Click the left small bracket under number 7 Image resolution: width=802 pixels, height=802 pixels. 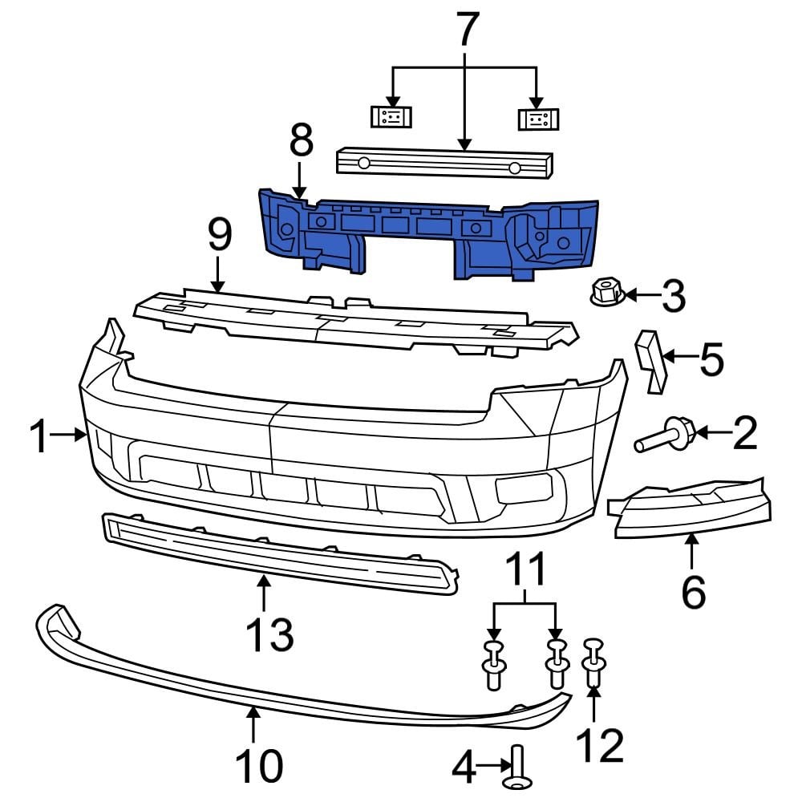coord(391,117)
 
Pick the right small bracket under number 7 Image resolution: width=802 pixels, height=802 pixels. coord(537,119)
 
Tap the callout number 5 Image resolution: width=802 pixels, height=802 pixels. coord(711,360)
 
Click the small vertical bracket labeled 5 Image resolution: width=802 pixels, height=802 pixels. coord(651,363)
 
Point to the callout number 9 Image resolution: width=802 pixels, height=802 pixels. coord(218,236)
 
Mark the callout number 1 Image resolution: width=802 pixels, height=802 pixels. coord(38,437)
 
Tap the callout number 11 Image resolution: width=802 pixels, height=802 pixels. coord(525,569)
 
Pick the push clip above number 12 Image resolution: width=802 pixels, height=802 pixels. coord(593,662)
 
